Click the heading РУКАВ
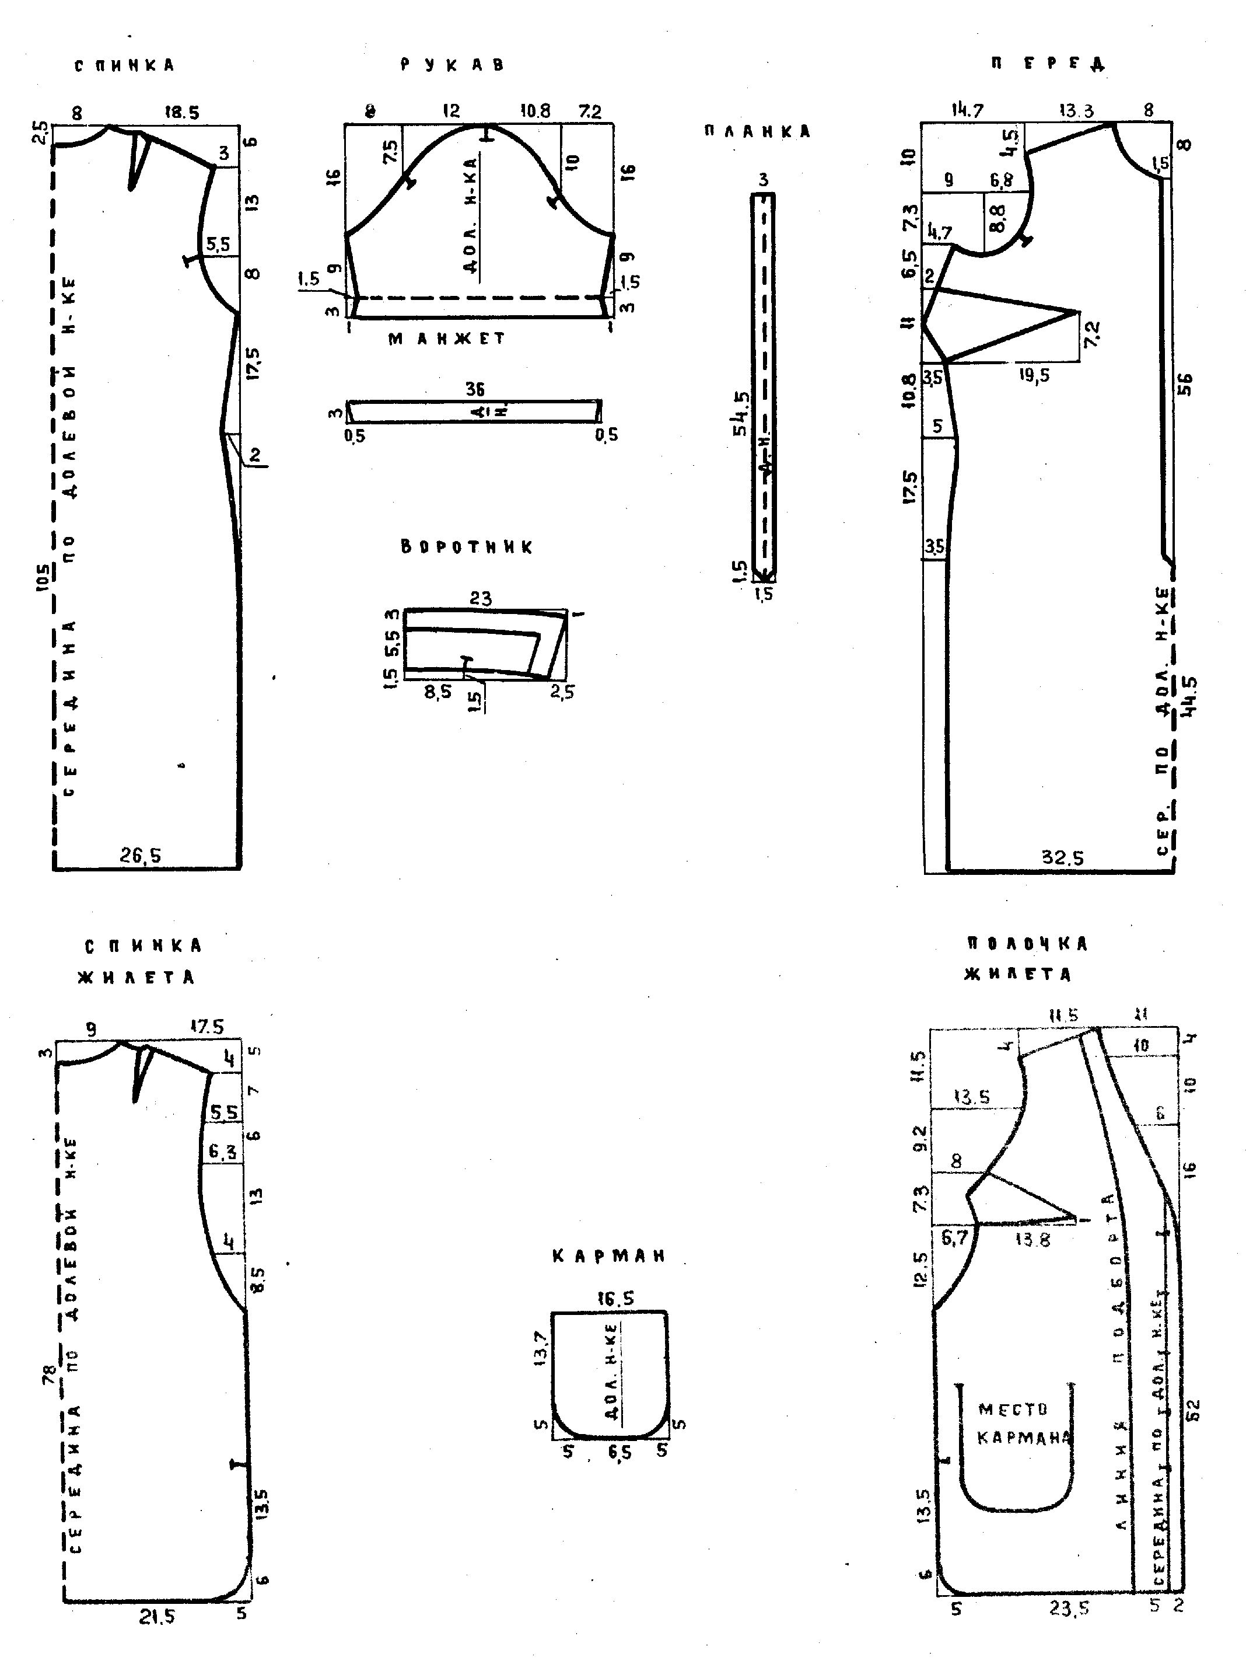[x=452, y=65]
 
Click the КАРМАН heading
[x=608, y=1255]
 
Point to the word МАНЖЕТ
[x=447, y=339]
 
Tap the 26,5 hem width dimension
[x=140, y=855]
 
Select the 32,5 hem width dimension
[x=1062, y=857]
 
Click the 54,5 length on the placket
[x=741, y=412]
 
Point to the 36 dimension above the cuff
[x=474, y=389]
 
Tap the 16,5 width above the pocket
[x=614, y=1299]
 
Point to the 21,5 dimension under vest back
[x=156, y=1617]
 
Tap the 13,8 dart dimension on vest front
[x=1032, y=1239]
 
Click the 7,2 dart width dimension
[x=1092, y=334]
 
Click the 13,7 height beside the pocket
[x=541, y=1346]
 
